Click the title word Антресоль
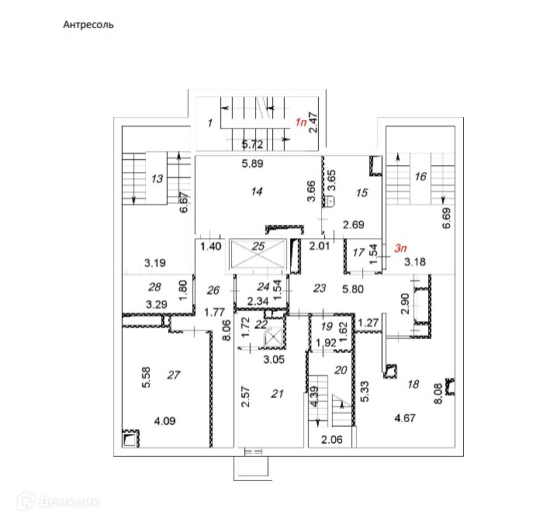pos(88,24)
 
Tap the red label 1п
pos(300,123)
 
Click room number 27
pos(174,375)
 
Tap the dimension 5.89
pos(252,164)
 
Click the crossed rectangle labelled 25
pos(259,254)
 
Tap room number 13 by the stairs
pos(157,179)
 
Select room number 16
pos(420,177)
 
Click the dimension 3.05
pos(272,359)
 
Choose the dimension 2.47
pos(313,123)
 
